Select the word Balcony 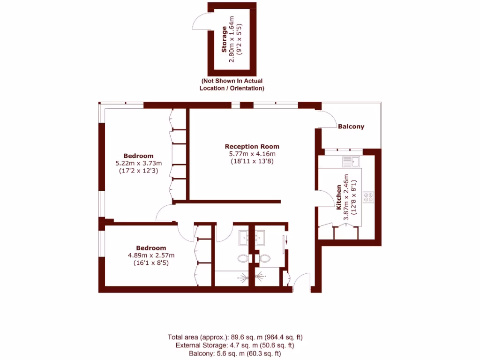point(351,127)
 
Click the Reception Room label point(252,146)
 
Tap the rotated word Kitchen point(338,197)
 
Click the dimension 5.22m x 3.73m point(138,163)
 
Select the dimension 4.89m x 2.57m point(151,255)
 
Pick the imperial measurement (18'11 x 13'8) point(252,161)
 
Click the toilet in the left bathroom point(243,258)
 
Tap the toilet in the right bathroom point(265,258)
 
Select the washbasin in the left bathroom point(244,238)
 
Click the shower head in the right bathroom point(258,277)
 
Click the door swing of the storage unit point(200,21)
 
